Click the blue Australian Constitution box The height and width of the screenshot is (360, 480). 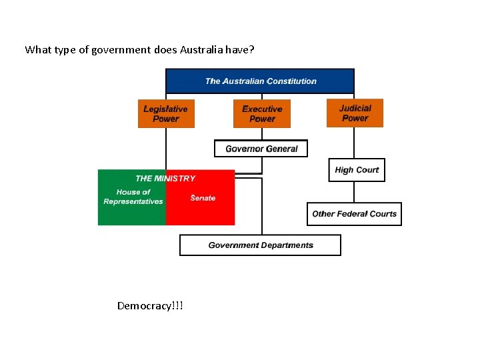tap(260, 81)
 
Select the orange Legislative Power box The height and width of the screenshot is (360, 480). tap(165, 113)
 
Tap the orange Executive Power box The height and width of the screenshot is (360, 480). tap(262, 113)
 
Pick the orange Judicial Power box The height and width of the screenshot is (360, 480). tap(355, 113)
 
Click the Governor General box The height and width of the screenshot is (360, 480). tap(261, 149)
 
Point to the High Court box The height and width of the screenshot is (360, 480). tap(357, 170)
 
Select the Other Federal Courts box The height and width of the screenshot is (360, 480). tap(354, 214)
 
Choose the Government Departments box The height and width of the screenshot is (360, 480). tap(260, 245)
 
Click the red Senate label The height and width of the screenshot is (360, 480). tap(203, 198)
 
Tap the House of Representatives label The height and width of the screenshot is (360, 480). tap(133, 197)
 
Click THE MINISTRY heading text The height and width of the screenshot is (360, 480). tap(165, 178)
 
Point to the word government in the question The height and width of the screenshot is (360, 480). tap(110, 49)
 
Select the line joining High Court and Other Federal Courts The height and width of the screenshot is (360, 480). tap(355, 192)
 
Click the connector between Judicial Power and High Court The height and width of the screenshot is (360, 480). tap(355, 143)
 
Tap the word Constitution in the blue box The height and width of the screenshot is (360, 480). tap(291, 81)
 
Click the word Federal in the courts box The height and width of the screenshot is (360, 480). tap(353, 214)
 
